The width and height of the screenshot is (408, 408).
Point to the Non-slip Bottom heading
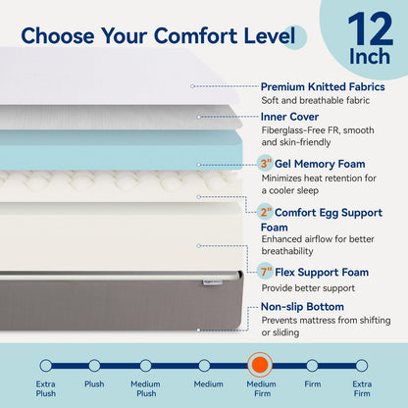point(308,306)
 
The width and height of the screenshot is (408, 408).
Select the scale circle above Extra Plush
point(45,365)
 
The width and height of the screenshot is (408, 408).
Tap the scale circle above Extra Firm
point(362,365)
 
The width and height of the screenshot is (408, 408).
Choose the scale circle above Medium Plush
point(146,365)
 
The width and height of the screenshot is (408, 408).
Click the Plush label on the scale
point(95,384)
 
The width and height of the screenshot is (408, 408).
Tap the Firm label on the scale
point(312,384)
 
